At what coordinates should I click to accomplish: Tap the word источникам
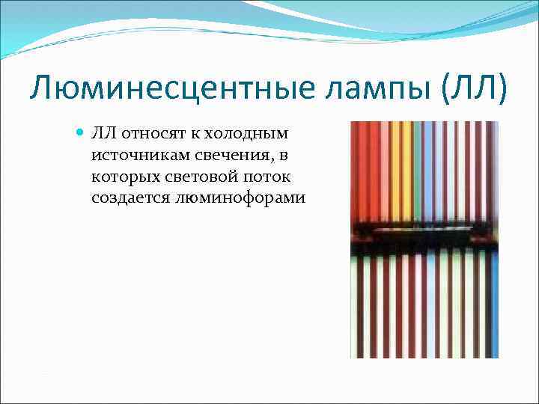click(x=131, y=155)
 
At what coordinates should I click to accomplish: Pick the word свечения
click(x=216, y=155)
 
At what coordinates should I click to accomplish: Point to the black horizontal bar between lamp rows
click(x=424, y=238)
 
